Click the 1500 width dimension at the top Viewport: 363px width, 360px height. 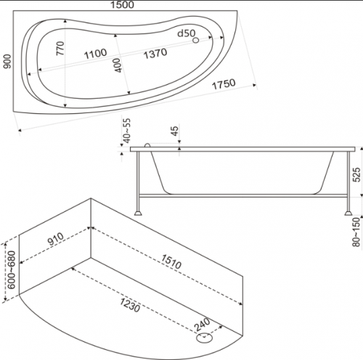[122, 4]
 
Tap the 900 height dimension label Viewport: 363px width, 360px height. [7, 62]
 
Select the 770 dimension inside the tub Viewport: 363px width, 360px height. [60, 49]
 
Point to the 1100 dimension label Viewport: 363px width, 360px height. [95, 54]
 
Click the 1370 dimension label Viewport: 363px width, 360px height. [155, 53]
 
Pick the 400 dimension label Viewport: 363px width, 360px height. [118, 65]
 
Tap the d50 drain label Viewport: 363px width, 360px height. [187, 33]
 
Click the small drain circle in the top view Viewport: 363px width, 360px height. [196, 40]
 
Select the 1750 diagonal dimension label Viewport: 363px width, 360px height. [224, 84]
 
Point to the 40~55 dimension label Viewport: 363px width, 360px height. [126, 131]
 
